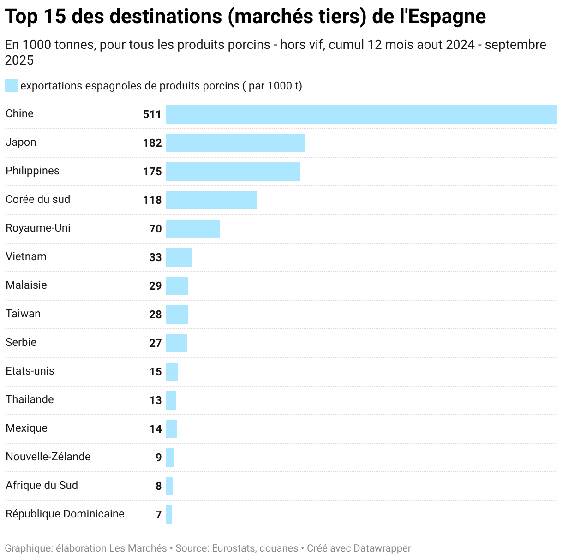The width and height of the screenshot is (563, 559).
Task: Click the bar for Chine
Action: point(361,114)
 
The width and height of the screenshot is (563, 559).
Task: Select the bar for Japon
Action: point(235,143)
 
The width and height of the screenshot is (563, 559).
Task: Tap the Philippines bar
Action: point(233,172)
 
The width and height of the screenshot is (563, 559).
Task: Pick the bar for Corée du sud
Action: point(211,200)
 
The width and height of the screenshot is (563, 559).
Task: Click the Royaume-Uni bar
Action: point(192,229)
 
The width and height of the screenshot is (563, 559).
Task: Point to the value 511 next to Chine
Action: point(152,114)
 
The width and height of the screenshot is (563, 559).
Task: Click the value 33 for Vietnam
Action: point(155,257)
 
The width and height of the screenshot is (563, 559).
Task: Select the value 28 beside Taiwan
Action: point(155,315)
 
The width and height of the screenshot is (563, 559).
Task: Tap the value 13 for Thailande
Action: point(155,400)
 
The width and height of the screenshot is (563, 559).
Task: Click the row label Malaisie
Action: point(26,285)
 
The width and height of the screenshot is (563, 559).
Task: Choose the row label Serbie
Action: point(21,342)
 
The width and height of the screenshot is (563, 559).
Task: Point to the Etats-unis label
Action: point(30,371)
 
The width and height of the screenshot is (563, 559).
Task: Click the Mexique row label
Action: point(26,428)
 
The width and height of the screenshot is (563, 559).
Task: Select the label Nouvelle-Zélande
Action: point(48,457)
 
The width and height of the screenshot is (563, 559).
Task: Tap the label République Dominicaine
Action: point(65,514)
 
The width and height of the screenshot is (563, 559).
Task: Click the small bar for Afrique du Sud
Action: point(169,486)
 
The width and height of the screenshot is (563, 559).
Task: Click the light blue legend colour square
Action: point(11,86)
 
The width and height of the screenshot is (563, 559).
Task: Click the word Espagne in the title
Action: point(447,17)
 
